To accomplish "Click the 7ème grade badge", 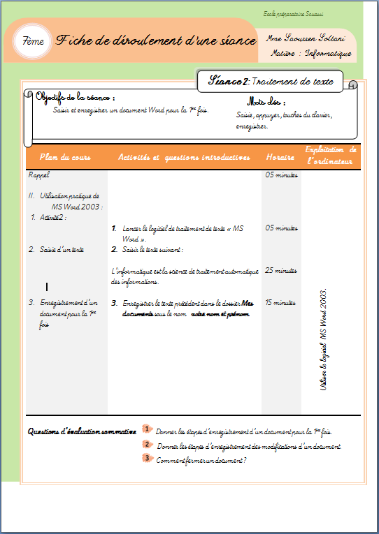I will point(34,42).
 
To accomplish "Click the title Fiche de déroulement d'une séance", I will point(156,40).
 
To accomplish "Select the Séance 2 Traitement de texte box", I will point(271,82).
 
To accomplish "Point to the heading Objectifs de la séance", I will point(75,98).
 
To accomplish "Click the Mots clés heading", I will point(266,101).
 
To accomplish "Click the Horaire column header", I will point(280,158).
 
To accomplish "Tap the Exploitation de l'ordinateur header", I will point(331,156).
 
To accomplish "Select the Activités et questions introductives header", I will point(184,158).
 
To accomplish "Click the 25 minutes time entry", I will point(281,271).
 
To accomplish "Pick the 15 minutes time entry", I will point(281,303).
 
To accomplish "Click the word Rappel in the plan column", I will point(39,175).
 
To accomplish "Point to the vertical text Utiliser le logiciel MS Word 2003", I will point(323,340).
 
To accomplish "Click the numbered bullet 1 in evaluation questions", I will point(148,429).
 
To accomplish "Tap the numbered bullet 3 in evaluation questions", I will point(147,458).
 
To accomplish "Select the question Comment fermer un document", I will point(201,460).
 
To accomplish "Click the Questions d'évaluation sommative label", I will point(81,431).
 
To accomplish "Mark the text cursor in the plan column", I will point(47,287).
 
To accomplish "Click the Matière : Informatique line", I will point(310,53).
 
